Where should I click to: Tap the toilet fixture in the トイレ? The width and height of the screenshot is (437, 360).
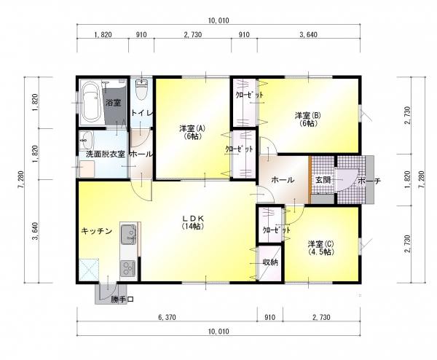pyautogui.click(x=141, y=89)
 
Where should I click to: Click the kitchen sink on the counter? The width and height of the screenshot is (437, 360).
pyautogui.click(x=128, y=234)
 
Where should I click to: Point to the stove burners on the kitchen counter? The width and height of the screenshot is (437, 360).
pyautogui.click(x=127, y=268)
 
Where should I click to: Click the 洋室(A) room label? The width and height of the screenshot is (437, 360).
pyautogui.click(x=192, y=132)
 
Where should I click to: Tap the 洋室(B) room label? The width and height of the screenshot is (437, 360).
pyautogui.click(x=308, y=119)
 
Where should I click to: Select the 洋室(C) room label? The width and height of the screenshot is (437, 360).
pyautogui.click(x=321, y=248)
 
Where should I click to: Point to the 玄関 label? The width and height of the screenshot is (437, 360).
pyautogui.click(x=323, y=180)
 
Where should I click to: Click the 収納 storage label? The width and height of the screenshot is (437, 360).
pyautogui.click(x=271, y=262)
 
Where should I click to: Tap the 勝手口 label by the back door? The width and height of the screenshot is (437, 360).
pyautogui.click(x=122, y=300)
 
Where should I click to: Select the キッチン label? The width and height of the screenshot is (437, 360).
pyautogui.click(x=97, y=231)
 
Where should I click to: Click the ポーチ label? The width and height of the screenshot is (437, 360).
pyautogui.click(x=369, y=181)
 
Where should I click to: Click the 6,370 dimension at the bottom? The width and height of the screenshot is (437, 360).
pyautogui.click(x=167, y=317)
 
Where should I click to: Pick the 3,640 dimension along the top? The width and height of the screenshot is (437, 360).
pyautogui.click(x=308, y=34)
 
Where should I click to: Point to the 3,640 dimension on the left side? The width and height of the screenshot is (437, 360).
pyautogui.click(x=36, y=231)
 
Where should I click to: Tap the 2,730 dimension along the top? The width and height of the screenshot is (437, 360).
pyautogui.click(x=192, y=34)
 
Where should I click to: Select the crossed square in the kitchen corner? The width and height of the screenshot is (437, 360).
pyautogui.click(x=89, y=270)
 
